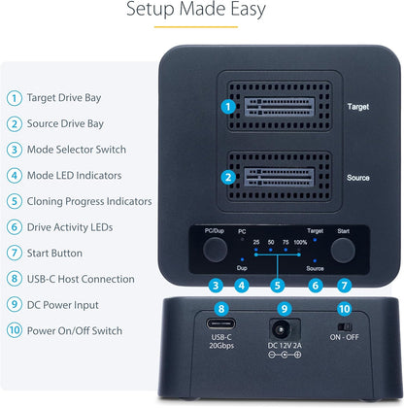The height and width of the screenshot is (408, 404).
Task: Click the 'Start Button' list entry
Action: [60, 253]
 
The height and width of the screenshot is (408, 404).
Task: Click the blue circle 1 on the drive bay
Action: [227, 106]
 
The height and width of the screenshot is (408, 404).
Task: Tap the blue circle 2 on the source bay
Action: [227, 177]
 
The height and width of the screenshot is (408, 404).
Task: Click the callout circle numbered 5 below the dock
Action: [278, 286]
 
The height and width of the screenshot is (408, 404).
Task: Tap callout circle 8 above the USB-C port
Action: [221, 310]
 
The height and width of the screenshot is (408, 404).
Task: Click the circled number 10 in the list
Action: [14, 330]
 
